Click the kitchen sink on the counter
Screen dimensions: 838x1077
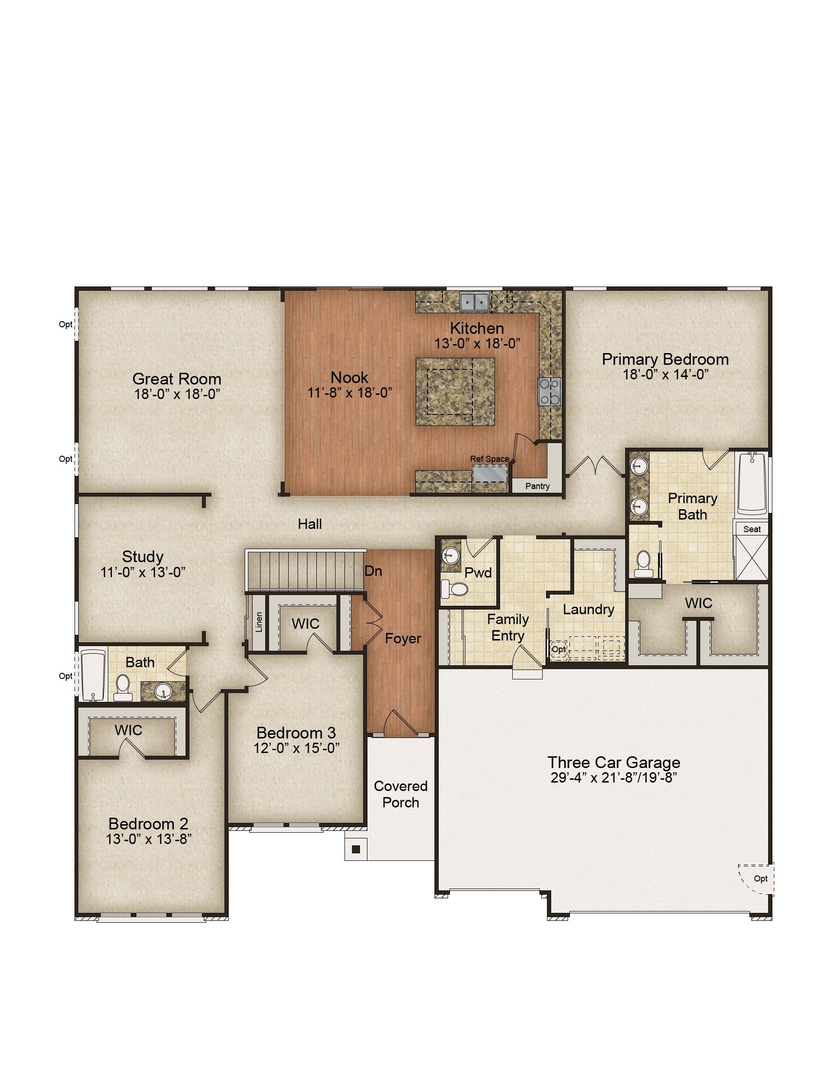coord(474,301)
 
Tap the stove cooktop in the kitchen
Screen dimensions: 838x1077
coord(549,391)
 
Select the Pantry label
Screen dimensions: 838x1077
coord(537,486)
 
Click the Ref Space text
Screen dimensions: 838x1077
coord(489,459)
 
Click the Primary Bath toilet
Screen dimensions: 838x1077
coord(643,564)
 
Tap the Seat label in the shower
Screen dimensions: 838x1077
coord(752,529)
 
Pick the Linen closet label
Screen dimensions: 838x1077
coord(259,622)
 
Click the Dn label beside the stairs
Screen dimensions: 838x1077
coord(373,571)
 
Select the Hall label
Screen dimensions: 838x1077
coord(310,524)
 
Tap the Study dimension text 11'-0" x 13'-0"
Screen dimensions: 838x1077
coord(143,572)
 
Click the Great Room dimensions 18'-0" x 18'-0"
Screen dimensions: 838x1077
coord(177,394)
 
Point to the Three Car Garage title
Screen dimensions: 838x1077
coord(614,762)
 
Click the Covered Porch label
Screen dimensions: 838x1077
coord(401,794)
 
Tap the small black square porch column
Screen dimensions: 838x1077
coord(356,849)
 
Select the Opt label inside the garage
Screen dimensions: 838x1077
coord(761,878)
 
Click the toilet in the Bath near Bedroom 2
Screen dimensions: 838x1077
coord(122,687)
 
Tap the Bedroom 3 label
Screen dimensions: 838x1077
coord(296,733)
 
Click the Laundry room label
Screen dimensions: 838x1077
coord(589,610)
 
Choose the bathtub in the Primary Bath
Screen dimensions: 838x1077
coord(752,484)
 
